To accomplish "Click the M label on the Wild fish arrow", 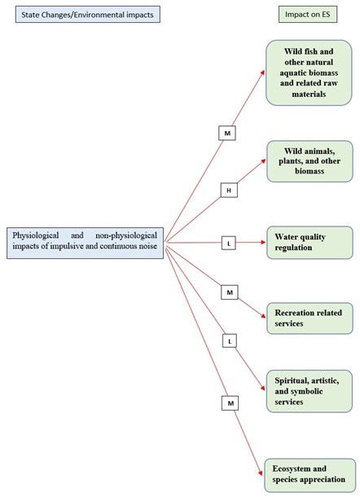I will tap(226, 132).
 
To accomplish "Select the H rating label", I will tap(229, 190).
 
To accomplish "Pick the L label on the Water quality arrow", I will tap(230, 242).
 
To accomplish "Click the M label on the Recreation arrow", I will tap(230, 291).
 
